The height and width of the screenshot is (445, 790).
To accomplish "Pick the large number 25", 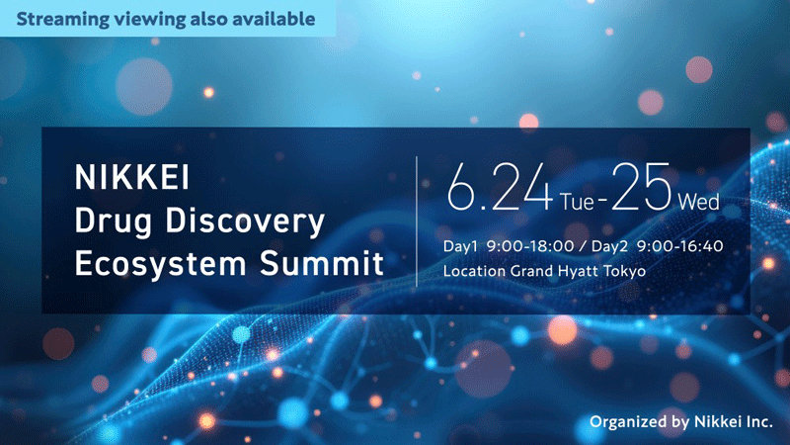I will tap(643, 188).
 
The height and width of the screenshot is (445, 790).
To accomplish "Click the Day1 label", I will tap(461, 245).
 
